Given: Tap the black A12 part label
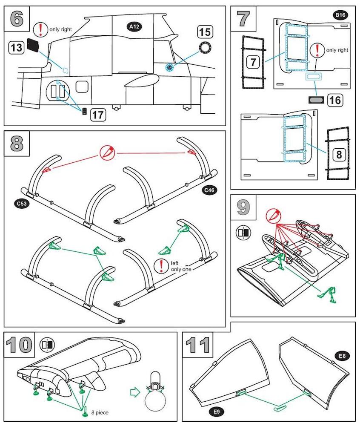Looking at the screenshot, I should click(x=135, y=27).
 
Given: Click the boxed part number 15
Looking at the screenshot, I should click(x=205, y=31).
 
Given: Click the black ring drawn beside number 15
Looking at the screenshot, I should click(x=205, y=48).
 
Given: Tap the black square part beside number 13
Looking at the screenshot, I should click(x=33, y=45).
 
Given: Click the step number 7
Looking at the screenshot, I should click(x=243, y=19).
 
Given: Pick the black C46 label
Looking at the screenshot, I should click(x=209, y=190).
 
